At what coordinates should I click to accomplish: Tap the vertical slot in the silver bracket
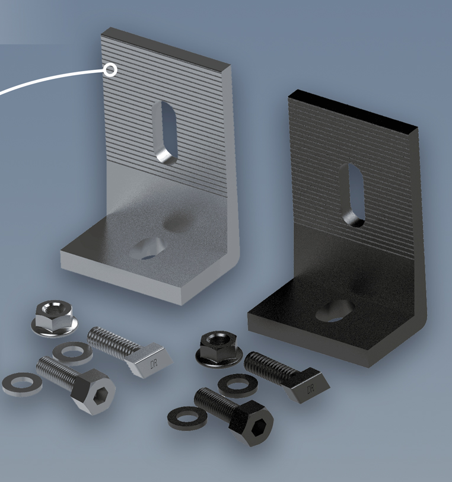point(166,133)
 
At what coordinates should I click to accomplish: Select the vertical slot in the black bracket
point(354,195)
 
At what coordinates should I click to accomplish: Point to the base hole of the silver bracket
point(147,248)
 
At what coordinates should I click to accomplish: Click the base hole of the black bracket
point(334,311)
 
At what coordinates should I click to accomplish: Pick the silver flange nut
point(55,318)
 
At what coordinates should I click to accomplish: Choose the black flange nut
point(219,348)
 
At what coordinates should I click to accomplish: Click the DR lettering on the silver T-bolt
point(154,363)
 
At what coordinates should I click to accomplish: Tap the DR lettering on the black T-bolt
point(311,388)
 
